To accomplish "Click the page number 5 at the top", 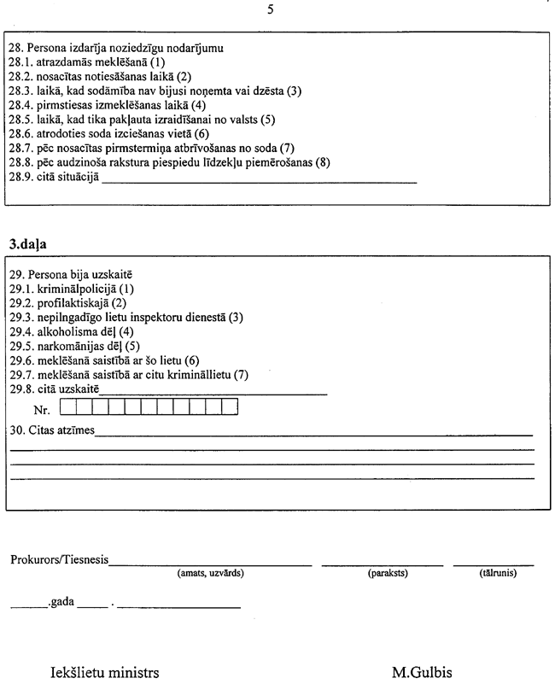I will point(271,10).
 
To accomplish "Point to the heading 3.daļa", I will point(28,243).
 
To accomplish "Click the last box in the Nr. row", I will point(229,407).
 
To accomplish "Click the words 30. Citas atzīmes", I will point(52,429).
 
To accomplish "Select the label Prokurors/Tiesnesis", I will point(59,560).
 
